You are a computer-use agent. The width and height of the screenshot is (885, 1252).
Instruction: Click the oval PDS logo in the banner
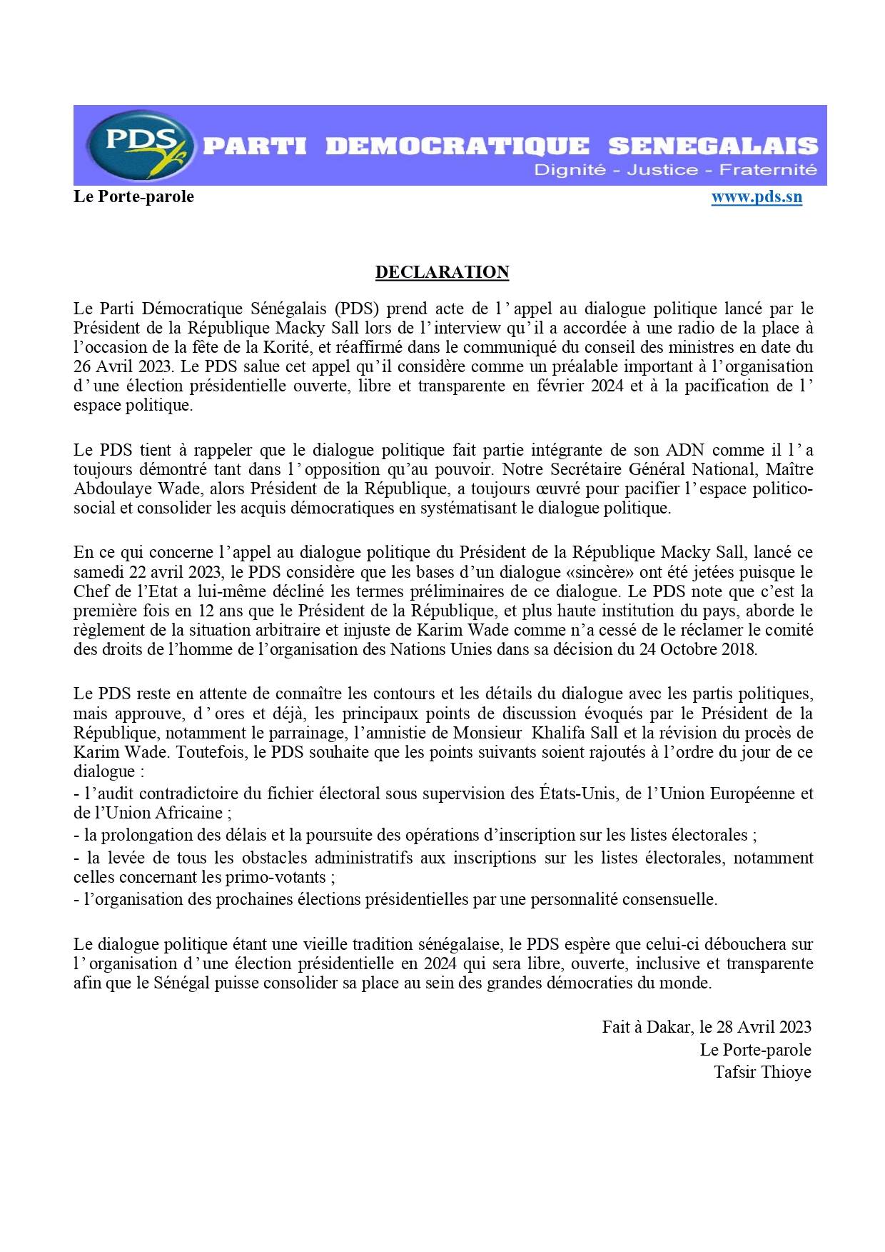pos(140,145)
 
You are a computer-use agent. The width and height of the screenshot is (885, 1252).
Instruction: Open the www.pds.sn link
pos(757,197)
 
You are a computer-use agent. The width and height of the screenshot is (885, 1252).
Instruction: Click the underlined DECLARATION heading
pos(442,272)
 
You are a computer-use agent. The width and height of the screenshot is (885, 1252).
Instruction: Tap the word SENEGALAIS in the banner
pos(713,146)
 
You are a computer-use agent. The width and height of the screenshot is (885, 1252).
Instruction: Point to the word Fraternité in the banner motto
pos(768,170)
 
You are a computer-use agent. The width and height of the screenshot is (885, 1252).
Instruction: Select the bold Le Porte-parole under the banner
pos(133,196)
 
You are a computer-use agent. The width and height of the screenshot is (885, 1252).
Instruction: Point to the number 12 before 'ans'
pos(206,611)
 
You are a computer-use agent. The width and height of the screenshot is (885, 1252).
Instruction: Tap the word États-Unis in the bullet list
pos(579,793)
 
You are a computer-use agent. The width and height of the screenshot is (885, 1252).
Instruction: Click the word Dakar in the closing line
pos(668,1027)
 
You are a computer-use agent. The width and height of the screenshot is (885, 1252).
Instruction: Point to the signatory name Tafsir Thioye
pos(762,1072)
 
